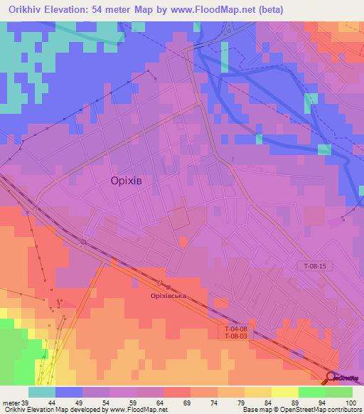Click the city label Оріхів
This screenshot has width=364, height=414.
pyautogui.click(x=131, y=181)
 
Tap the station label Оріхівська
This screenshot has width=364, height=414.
pyautogui.click(x=168, y=295)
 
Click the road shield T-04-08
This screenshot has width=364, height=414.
pyautogui.click(x=236, y=329)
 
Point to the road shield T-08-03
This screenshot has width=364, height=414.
pyautogui.click(x=236, y=336)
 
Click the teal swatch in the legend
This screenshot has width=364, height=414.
pyautogui.click(x=42, y=392)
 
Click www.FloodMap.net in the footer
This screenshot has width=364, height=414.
pyautogui.click(x=136, y=410)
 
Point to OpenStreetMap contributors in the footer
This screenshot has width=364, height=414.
pyautogui.click(x=319, y=410)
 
